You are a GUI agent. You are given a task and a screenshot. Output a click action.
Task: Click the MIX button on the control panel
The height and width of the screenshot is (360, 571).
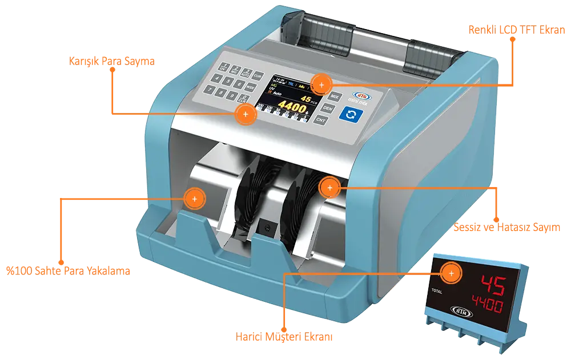click(335, 96)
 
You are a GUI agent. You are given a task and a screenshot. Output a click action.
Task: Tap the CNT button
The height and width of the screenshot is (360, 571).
click(321, 120)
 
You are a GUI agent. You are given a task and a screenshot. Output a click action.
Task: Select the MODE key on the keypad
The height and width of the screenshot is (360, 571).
click(251, 87)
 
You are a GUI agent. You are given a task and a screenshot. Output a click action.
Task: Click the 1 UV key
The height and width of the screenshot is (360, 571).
click(225, 65)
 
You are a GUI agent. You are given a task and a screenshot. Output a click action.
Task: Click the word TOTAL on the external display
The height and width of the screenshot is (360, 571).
click(437, 290)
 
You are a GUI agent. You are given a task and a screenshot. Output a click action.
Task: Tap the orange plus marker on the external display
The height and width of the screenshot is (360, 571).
click(452, 274)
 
